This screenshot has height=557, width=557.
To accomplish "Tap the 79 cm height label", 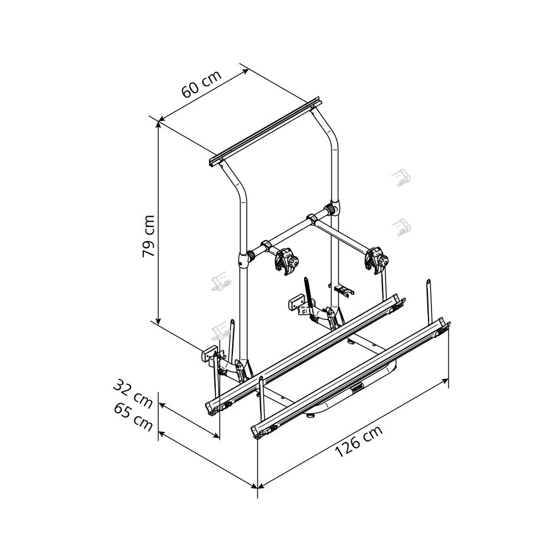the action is (149, 236).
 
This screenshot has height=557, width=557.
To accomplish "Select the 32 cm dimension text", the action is (133, 393).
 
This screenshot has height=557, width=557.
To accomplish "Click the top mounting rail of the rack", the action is (266, 131).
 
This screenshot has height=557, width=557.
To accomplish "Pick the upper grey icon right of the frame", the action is (401, 178).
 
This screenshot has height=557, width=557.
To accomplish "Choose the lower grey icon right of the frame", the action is (401, 228).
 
